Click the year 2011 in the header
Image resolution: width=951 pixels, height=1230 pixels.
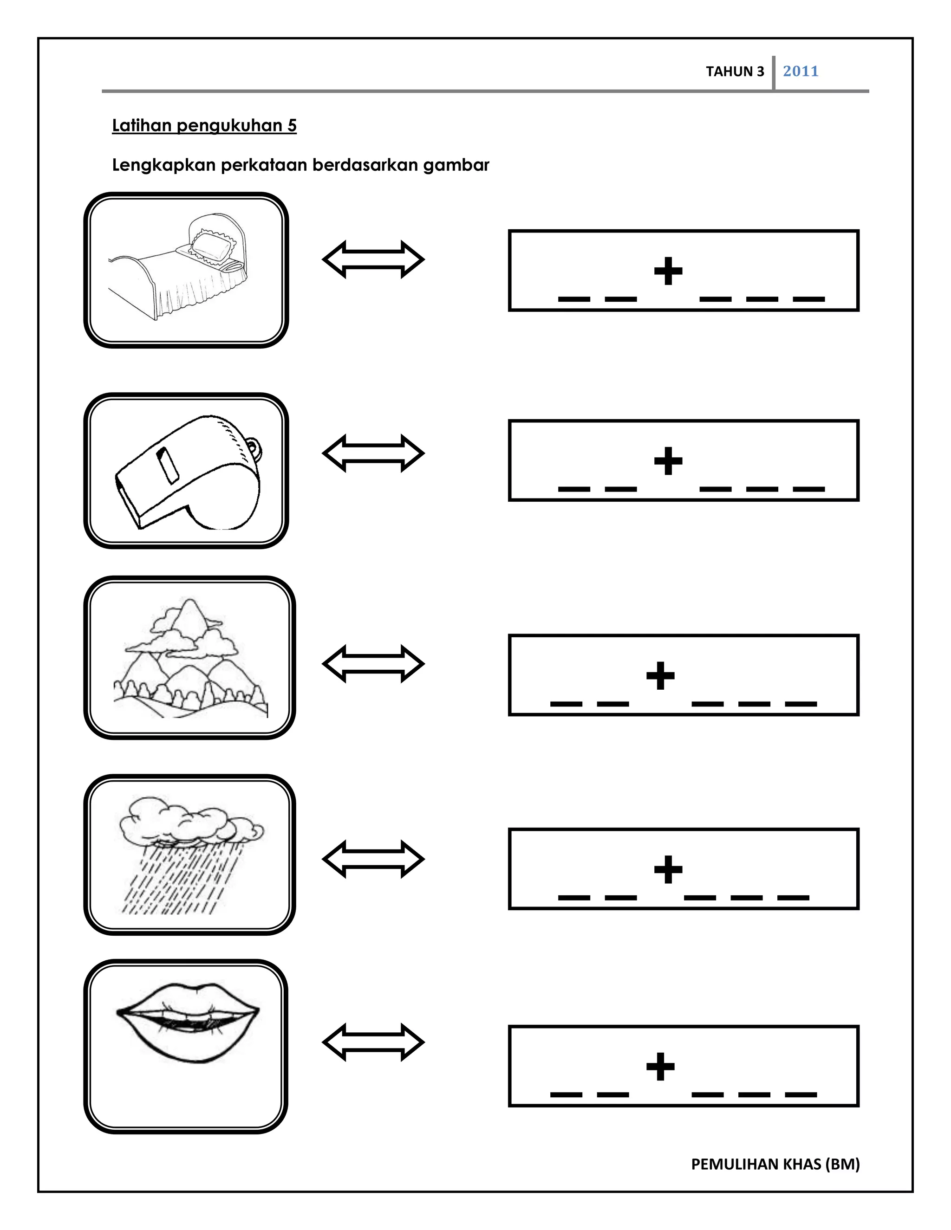pyautogui.click(x=800, y=71)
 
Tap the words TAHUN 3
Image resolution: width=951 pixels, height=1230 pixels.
pyautogui.click(x=735, y=71)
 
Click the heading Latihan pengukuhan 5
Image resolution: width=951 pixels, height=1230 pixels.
pyautogui.click(x=204, y=126)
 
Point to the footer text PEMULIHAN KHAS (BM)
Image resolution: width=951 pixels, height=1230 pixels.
pyautogui.click(x=775, y=1164)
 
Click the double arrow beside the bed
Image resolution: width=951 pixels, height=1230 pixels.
pyautogui.click(x=373, y=259)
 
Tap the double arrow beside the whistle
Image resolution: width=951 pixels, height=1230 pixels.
pyautogui.click(x=373, y=453)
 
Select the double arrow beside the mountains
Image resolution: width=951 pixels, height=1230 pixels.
pyautogui.click(x=373, y=664)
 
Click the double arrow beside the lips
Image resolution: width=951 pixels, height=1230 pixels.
pyautogui.click(x=373, y=1042)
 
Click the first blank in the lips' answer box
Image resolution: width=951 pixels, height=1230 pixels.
pyautogui.click(x=566, y=1094)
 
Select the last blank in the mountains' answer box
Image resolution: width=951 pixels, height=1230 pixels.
pyautogui.click(x=801, y=703)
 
